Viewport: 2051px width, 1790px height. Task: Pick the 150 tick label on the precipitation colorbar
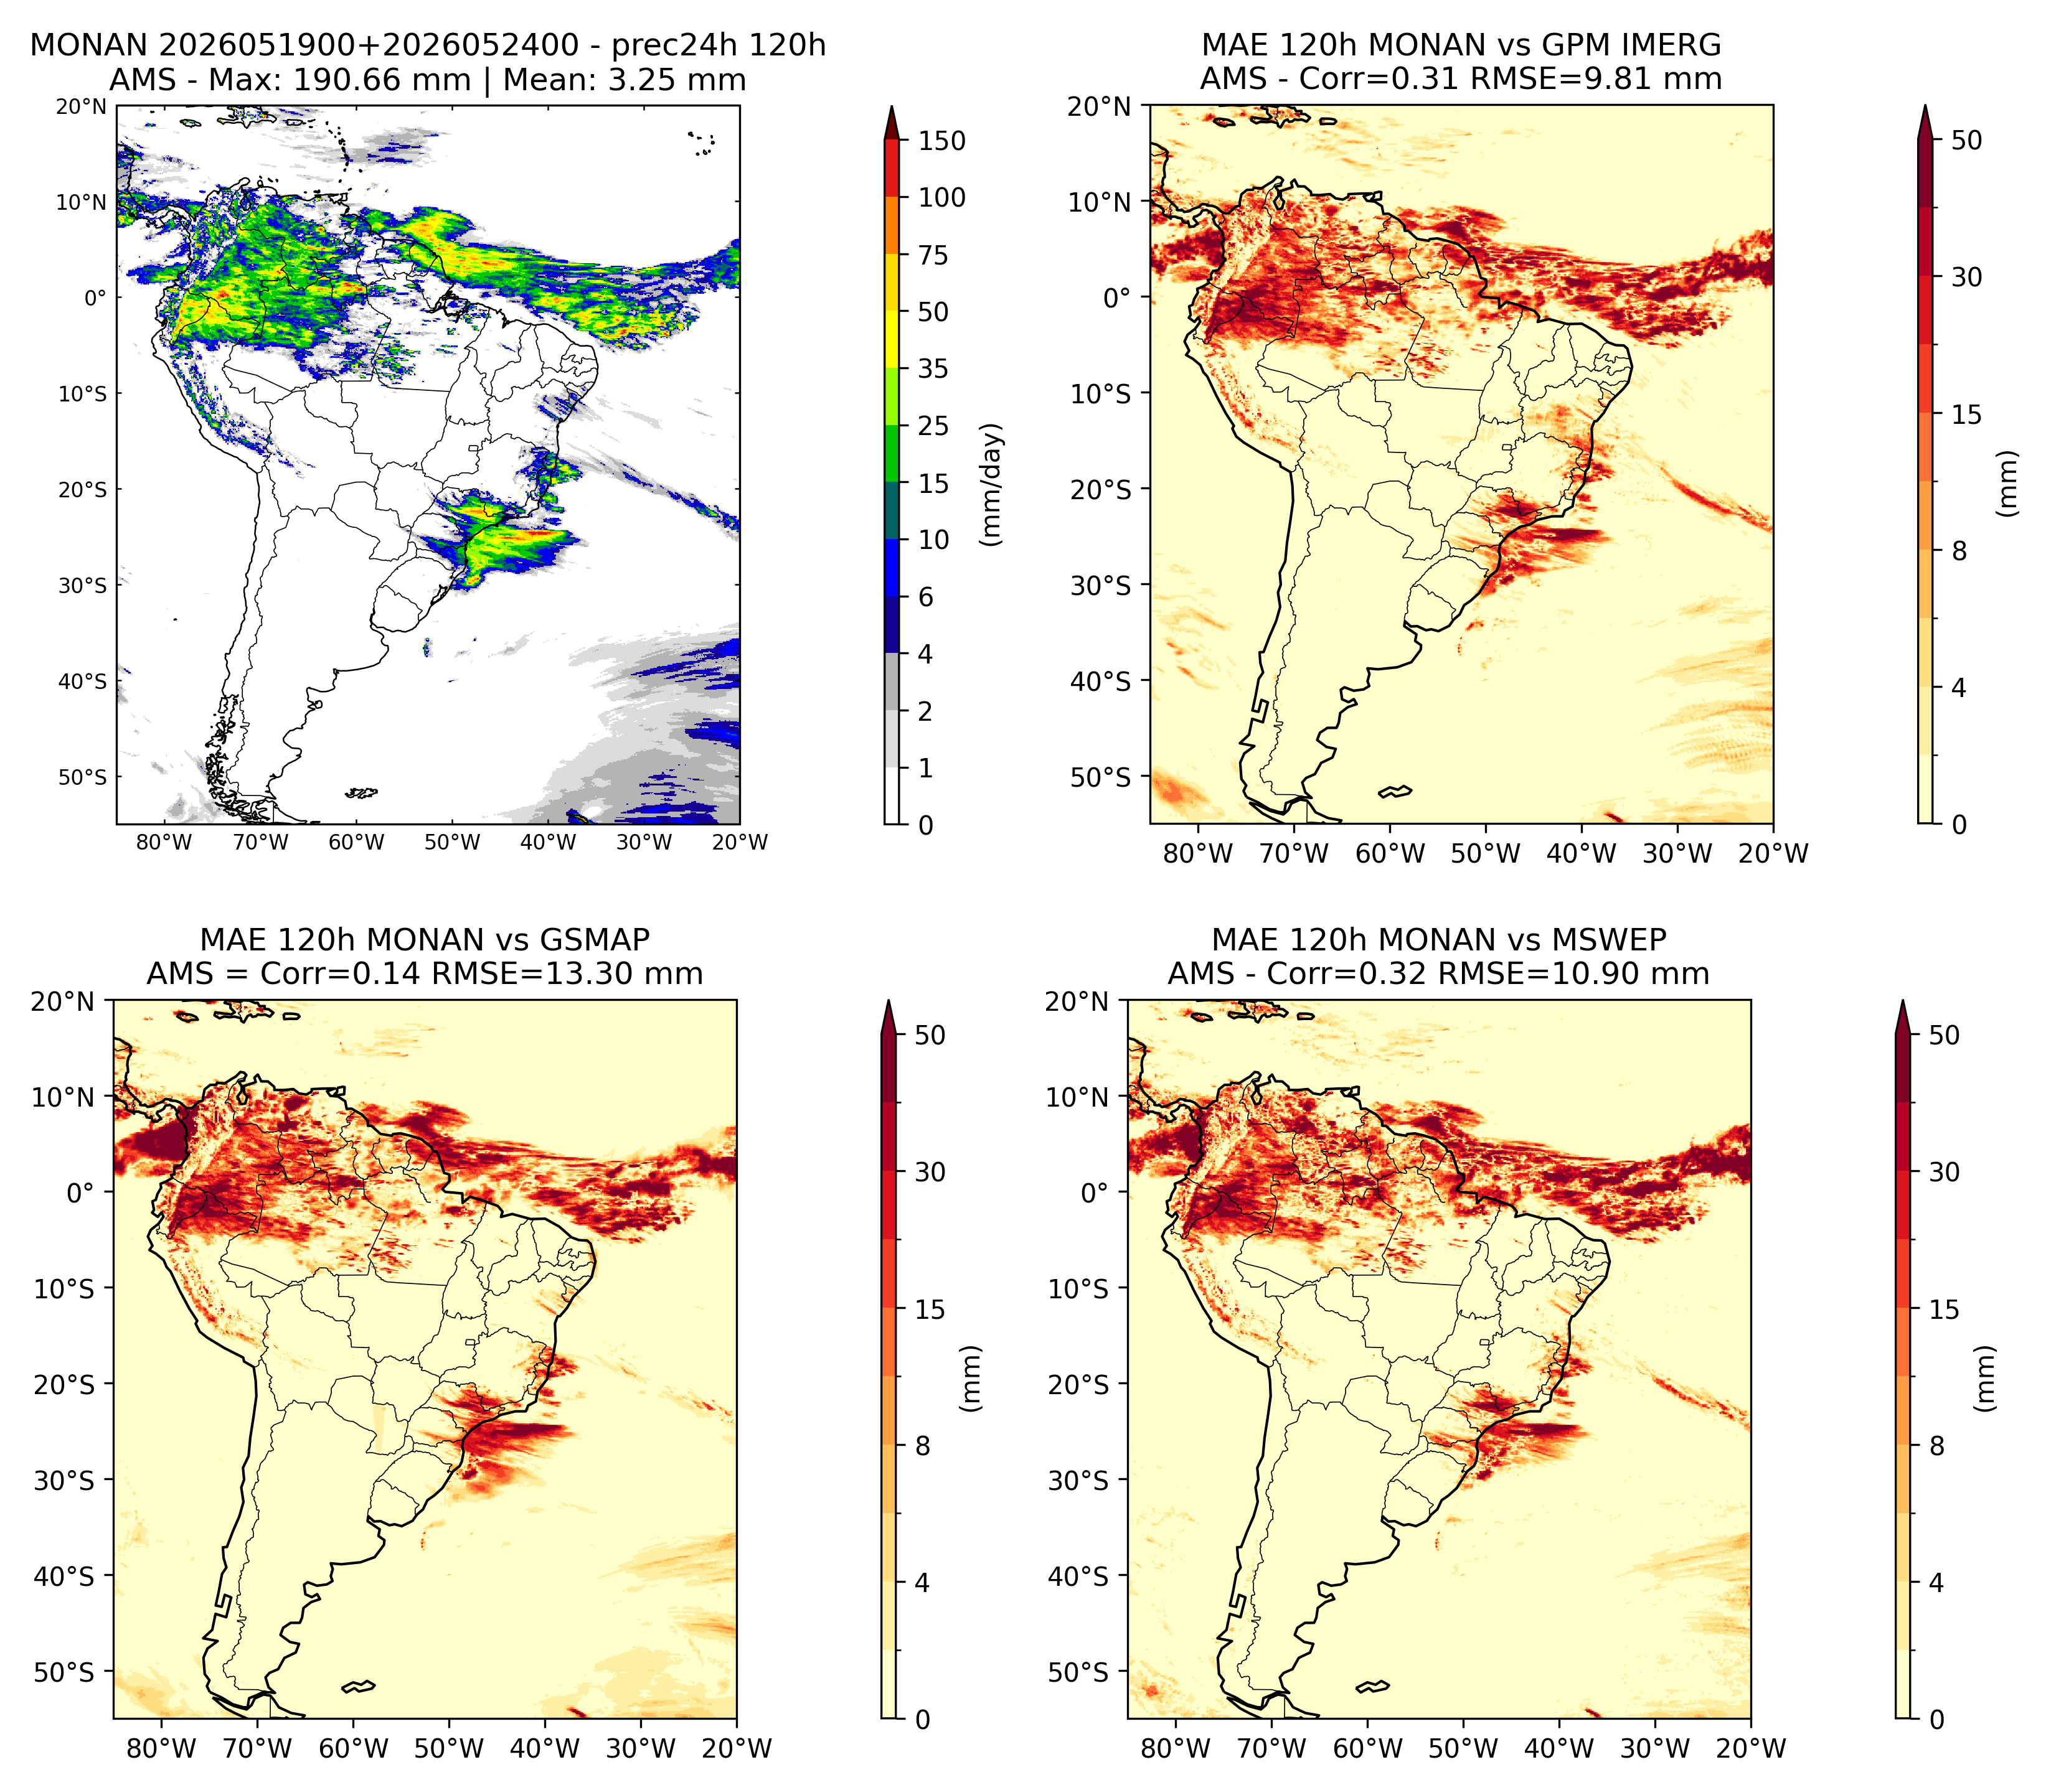[x=942, y=141]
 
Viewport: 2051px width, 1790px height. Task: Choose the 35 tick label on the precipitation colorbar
[x=934, y=368]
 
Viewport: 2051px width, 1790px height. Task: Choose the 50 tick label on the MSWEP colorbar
[x=1943, y=1035]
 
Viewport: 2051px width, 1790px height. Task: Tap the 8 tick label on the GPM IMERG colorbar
[x=1959, y=551]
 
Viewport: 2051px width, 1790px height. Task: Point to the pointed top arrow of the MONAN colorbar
[x=892, y=122]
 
